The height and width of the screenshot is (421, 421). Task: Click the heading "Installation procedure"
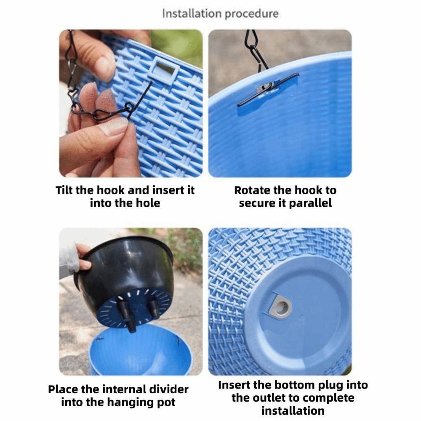pyautogui.click(x=220, y=14)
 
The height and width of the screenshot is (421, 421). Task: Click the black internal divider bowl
pyautogui.click(x=126, y=279)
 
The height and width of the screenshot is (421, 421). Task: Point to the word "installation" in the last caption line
pyautogui.click(x=293, y=411)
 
